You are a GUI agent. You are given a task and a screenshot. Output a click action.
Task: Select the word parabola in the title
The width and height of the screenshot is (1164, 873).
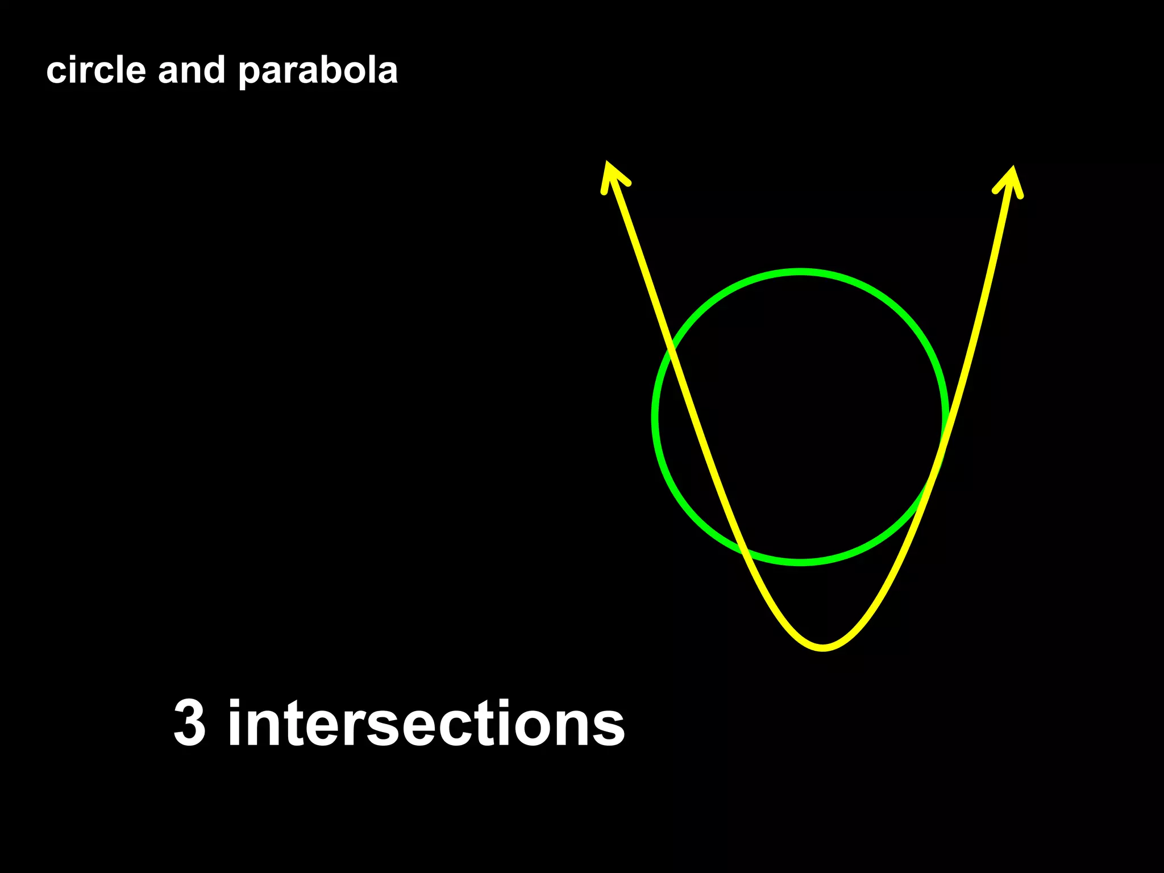pyautogui.click(x=318, y=72)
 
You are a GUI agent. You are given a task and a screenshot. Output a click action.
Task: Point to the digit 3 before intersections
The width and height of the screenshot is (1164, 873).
pyautogui.click(x=189, y=723)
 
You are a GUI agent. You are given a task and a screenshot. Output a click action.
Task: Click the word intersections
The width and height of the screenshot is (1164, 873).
pyautogui.click(x=426, y=723)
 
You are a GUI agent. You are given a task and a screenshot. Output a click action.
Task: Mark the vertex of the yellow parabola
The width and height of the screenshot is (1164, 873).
pyautogui.click(x=823, y=647)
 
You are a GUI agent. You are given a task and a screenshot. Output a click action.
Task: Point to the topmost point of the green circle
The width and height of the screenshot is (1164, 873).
pyautogui.click(x=800, y=272)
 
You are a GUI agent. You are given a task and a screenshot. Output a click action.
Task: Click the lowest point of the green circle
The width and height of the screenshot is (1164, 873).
pyautogui.click(x=800, y=562)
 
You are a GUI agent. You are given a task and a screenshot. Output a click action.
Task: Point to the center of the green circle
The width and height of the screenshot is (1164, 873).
pyautogui.click(x=800, y=417)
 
